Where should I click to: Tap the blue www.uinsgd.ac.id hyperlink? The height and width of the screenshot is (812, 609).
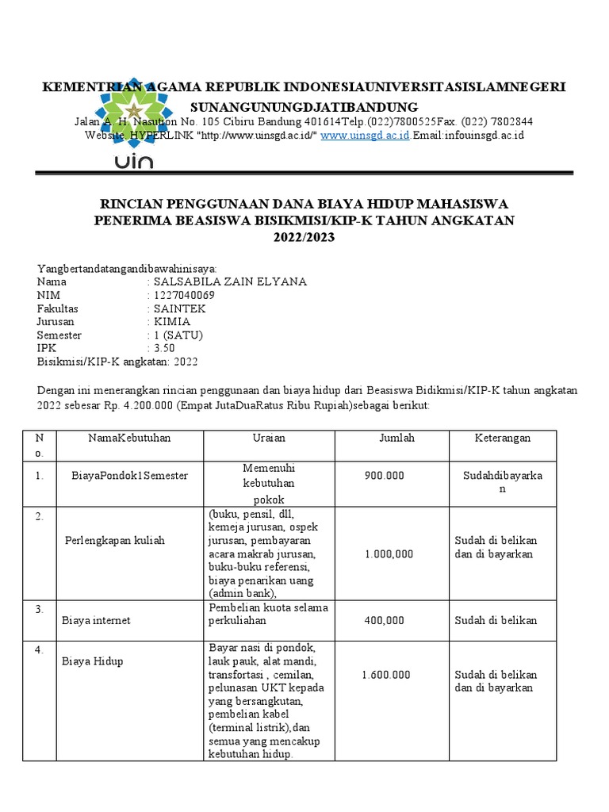365,136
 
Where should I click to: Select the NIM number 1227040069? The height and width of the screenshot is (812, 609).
185,295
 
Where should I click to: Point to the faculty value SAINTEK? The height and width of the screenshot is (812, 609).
178,308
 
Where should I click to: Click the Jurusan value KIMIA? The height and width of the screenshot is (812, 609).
172,322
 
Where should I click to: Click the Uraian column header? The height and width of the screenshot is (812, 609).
269,438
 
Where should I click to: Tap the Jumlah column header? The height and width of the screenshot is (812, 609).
396,438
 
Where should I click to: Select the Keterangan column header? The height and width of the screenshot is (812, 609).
503,438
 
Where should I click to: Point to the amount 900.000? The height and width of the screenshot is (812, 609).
384,475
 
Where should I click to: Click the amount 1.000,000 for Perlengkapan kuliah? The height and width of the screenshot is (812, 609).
389,554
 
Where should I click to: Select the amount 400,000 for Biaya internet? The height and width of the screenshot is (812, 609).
384,620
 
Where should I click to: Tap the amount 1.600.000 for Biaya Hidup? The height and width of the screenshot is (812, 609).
385,674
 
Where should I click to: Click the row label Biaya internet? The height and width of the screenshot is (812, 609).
96,620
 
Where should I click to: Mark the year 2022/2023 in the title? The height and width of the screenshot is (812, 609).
304,236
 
